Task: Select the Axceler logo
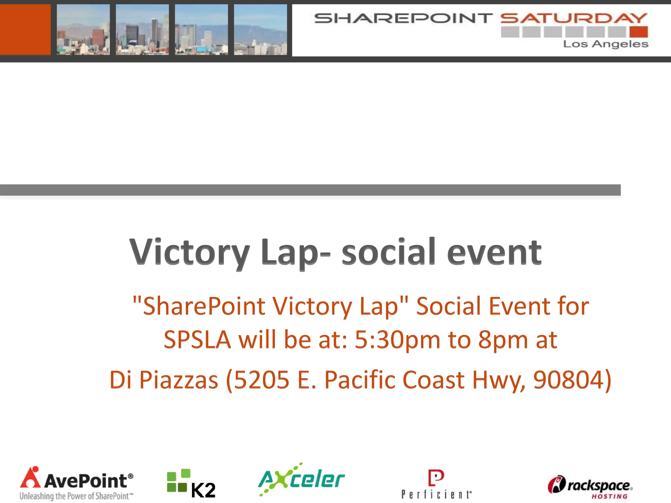click(301, 479)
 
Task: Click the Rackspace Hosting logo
click(590, 487)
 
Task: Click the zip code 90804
click(568, 380)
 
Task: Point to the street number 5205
click(261, 380)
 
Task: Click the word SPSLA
click(197, 340)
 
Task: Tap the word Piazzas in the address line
click(179, 380)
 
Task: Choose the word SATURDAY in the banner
click(574, 18)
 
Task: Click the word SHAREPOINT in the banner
click(403, 18)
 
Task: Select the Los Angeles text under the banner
click(605, 44)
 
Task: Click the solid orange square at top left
click(25, 29)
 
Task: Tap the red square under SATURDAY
click(639, 32)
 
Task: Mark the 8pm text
click(503, 340)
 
